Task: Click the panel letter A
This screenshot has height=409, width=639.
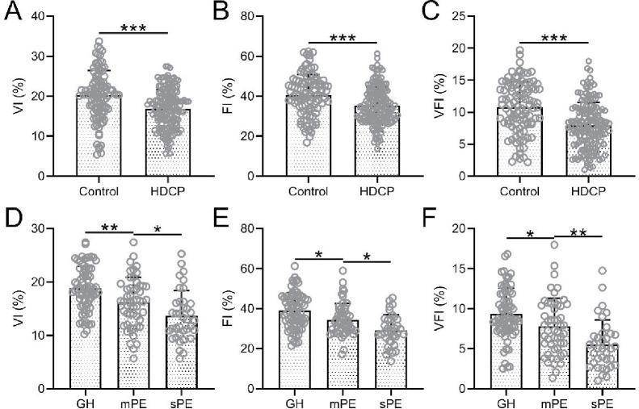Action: tap(12, 14)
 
